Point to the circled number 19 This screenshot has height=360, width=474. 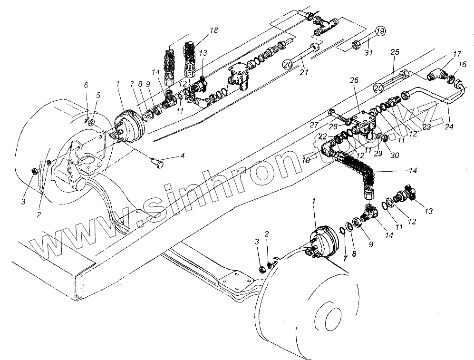coord(379,32)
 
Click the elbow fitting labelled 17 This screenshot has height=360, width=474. coord(435,75)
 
